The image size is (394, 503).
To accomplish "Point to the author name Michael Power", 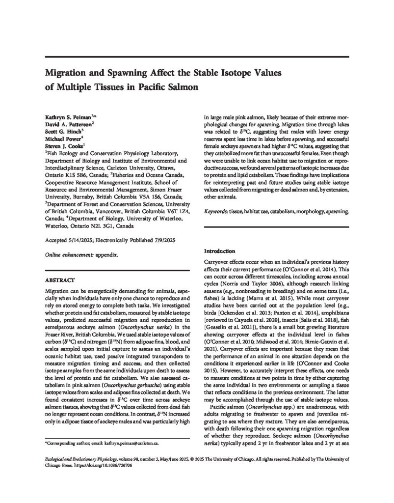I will pos(57,140).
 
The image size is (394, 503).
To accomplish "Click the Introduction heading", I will pos(222,251).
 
